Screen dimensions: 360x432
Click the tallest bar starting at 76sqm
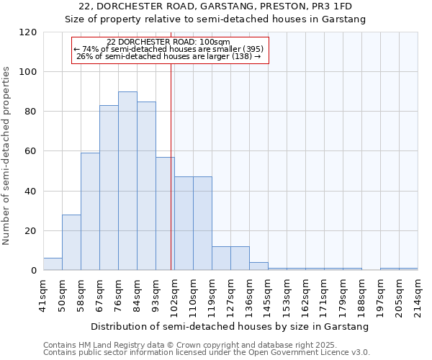click(x=127, y=181)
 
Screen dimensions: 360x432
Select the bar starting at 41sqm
click(x=53, y=264)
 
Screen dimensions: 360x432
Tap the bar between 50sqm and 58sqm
click(x=71, y=243)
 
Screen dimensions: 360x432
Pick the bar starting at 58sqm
click(x=90, y=212)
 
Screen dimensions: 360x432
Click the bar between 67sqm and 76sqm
click(x=109, y=188)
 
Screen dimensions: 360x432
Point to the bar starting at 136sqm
click(x=258, y=266)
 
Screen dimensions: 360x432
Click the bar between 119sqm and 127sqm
click(x=221, y=258)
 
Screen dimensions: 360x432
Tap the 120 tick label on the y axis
click(x=28, y=32)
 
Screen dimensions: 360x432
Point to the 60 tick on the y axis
click(x=31, y=152)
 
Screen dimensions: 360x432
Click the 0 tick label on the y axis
click(x=34, y=271)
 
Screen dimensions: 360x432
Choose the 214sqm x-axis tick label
click(x=418, y=292)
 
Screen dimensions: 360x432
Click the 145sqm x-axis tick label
click(x=269, y=292)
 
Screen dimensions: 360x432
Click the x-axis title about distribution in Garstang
click(x=230, y=326)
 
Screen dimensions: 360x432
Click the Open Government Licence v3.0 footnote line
click(x=207, y=353)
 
